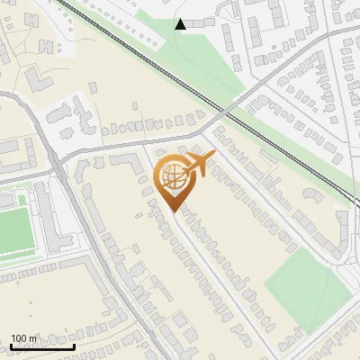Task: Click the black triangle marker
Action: pyautogui.click(x=181, y=24)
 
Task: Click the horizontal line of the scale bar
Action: pyautogui.click(x=42, y=346)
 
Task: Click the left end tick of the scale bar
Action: pyautogui.click(x=11, y=345)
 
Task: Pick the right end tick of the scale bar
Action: pyautogui.click(x=75, y=345)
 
